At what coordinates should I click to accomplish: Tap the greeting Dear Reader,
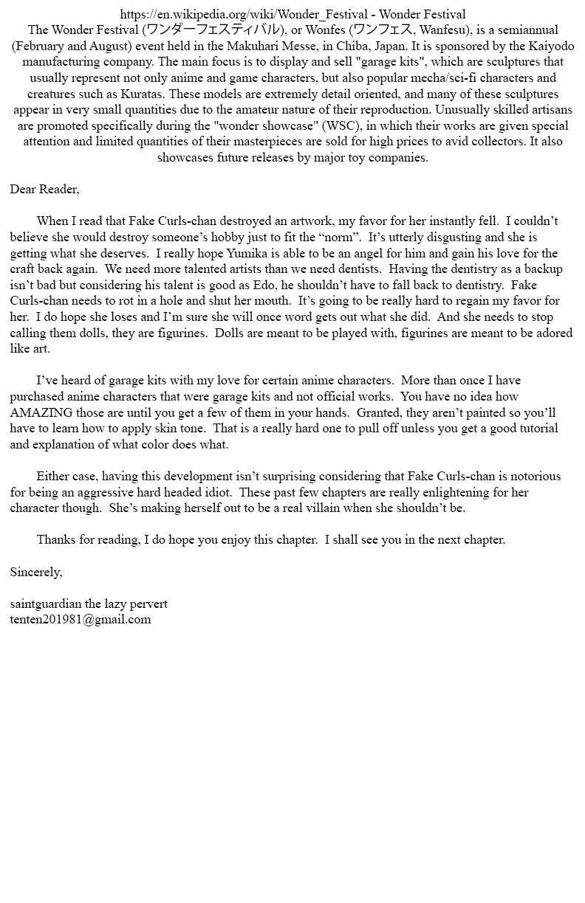coord(44,190)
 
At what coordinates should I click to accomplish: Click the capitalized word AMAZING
coord(41,412)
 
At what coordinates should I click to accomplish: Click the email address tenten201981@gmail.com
coord(81,620)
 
